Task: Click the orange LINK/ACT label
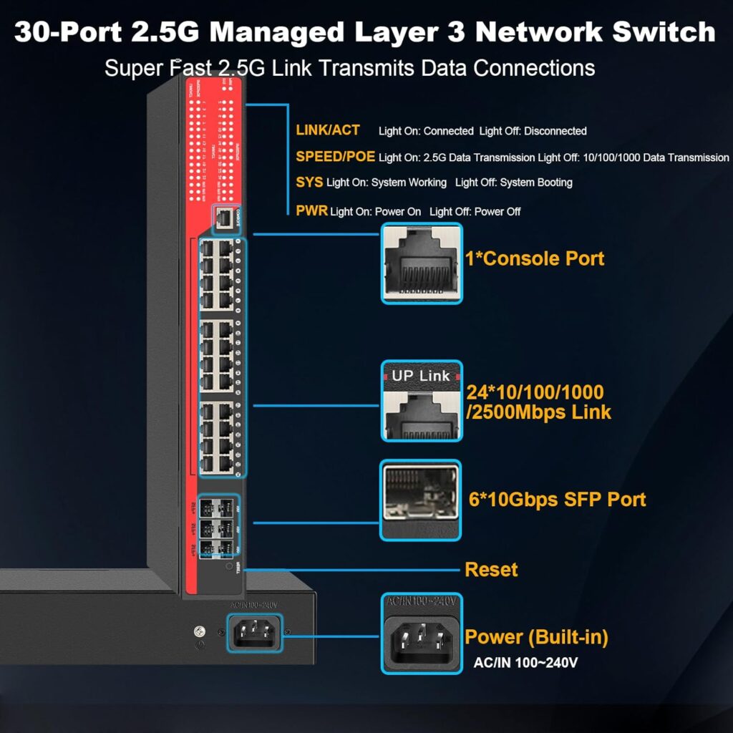click(328, 130)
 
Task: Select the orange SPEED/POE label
click(335, 157)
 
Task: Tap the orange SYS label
click(309, 183)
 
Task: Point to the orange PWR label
click(311, 211)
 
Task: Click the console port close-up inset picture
click(422, 263)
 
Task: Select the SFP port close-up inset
click(420, 500)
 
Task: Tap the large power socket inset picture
click(422, 633)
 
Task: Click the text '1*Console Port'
click(535, 258)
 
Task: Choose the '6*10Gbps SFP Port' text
click(558, 499)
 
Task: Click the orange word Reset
click(491, 570)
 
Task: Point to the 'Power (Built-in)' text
click(536, 637)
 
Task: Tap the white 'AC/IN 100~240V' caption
click(525, 663)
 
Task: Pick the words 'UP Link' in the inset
click(421, 376)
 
